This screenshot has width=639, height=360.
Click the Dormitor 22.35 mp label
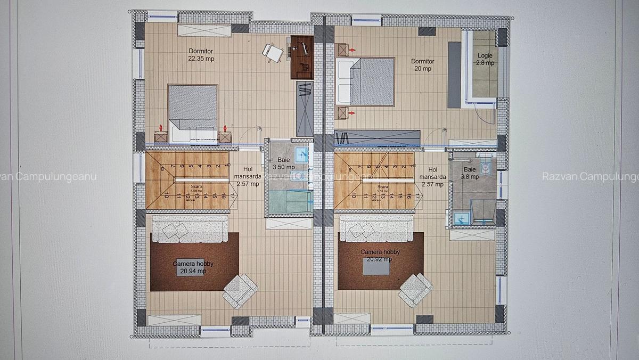click(x=201, y=55)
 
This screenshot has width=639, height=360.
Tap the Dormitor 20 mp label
click(x=422, y=64)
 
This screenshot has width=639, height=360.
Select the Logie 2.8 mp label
click(x=485, y=59)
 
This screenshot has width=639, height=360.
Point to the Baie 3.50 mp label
click(x=283, y=163)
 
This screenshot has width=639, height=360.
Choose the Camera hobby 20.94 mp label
click(x=193, y=267)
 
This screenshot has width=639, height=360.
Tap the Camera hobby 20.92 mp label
click(x=380, y=256)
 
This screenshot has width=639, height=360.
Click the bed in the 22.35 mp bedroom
click(x=193, y=113)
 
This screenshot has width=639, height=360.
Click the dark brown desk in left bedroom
click(x=301, y=57)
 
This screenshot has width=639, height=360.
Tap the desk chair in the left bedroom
click(x=273, y=52)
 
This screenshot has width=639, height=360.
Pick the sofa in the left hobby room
click(x=190, y=228)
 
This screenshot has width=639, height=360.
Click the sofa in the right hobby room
click(x=376, y=228)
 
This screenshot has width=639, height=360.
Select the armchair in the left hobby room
click(x=240, y=290)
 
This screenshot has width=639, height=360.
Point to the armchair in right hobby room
click(x=416, y=289)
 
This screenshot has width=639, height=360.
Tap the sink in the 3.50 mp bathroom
click(x=302, y=154)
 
